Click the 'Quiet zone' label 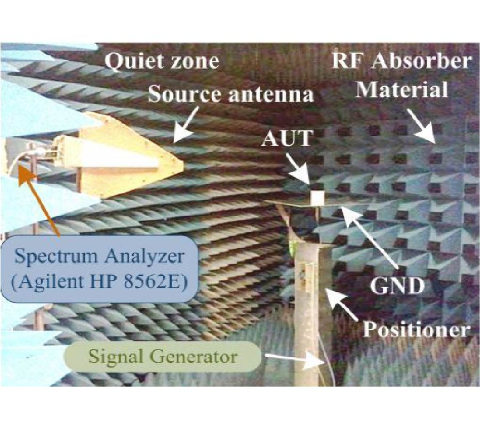pos(162,61)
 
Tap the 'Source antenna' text pos(230,94)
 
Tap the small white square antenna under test pos(317,198)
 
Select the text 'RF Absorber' pos(401,61)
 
